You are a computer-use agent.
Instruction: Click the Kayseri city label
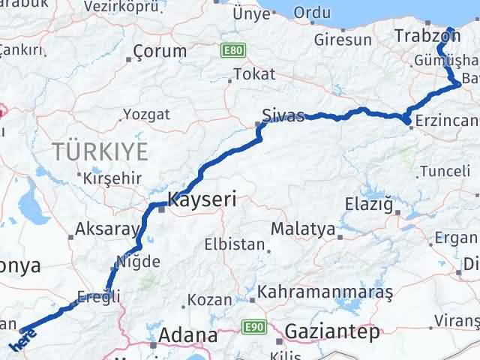pyautogui.click(x=202, y=199)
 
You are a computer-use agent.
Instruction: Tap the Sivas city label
pyautogui.click(x=283, y=116)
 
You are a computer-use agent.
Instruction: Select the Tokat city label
pyautogui.click(x=254, y=74)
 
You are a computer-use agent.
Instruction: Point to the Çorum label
pyautogui.click(x=160, y=51)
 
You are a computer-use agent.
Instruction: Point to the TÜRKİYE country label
pyautogui.click(x=100, y=152)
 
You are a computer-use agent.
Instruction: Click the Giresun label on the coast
pyautogui.click(x=343, y=40)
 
